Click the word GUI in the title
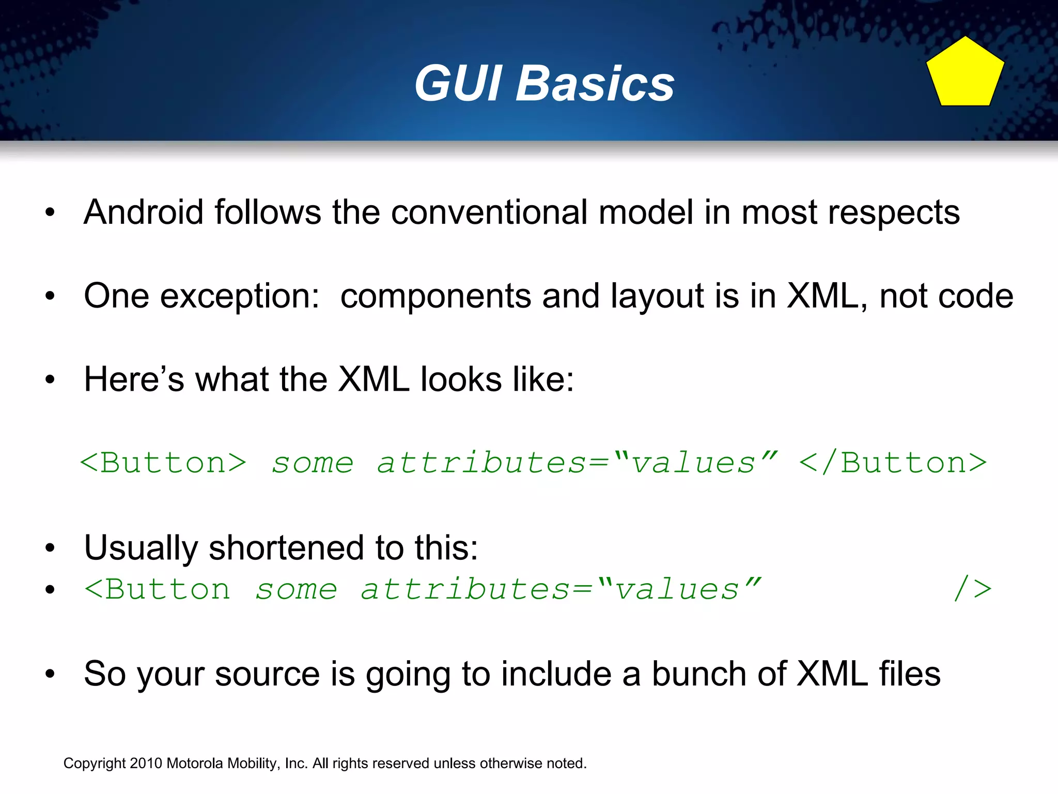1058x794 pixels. pos(457,84)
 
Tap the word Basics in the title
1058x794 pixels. pos(595,84)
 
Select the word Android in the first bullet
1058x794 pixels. pos(144,212)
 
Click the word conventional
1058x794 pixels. pos(489,212)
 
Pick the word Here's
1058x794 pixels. pos(134,380)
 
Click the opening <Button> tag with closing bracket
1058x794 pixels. pos(163,463)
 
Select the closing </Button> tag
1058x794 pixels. pos(893,463)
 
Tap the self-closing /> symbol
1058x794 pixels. pos(972,589)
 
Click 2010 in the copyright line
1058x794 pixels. pos(146,764)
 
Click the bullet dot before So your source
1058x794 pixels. pos(50,674)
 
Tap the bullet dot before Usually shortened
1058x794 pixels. pos(50,548)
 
